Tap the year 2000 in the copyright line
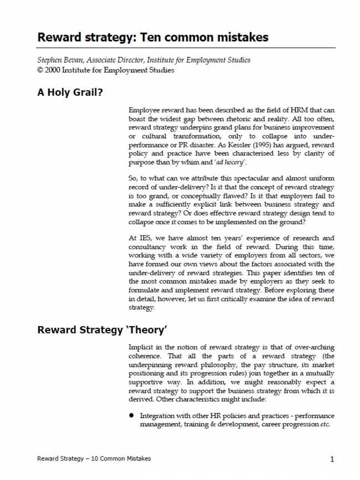pyautogui.click(x=52, y=70)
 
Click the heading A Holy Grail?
pyautogui.click(x=70, y=92)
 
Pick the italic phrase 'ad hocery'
pyautogui.click(x=230, y=163)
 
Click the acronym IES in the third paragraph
pyautogui.click(x=145, y=238)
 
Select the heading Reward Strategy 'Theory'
pyautogui.click(x=102, y=330)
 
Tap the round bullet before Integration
pyautogui.click(x=132, y=415)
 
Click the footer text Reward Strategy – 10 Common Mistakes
pyautogui.click(x=94, y=459)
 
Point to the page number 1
pyautogui.click(x=332, y=459)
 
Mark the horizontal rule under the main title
pyautogui.click(x=186, y=48)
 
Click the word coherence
pyautogui.click(x=144, y=356)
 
